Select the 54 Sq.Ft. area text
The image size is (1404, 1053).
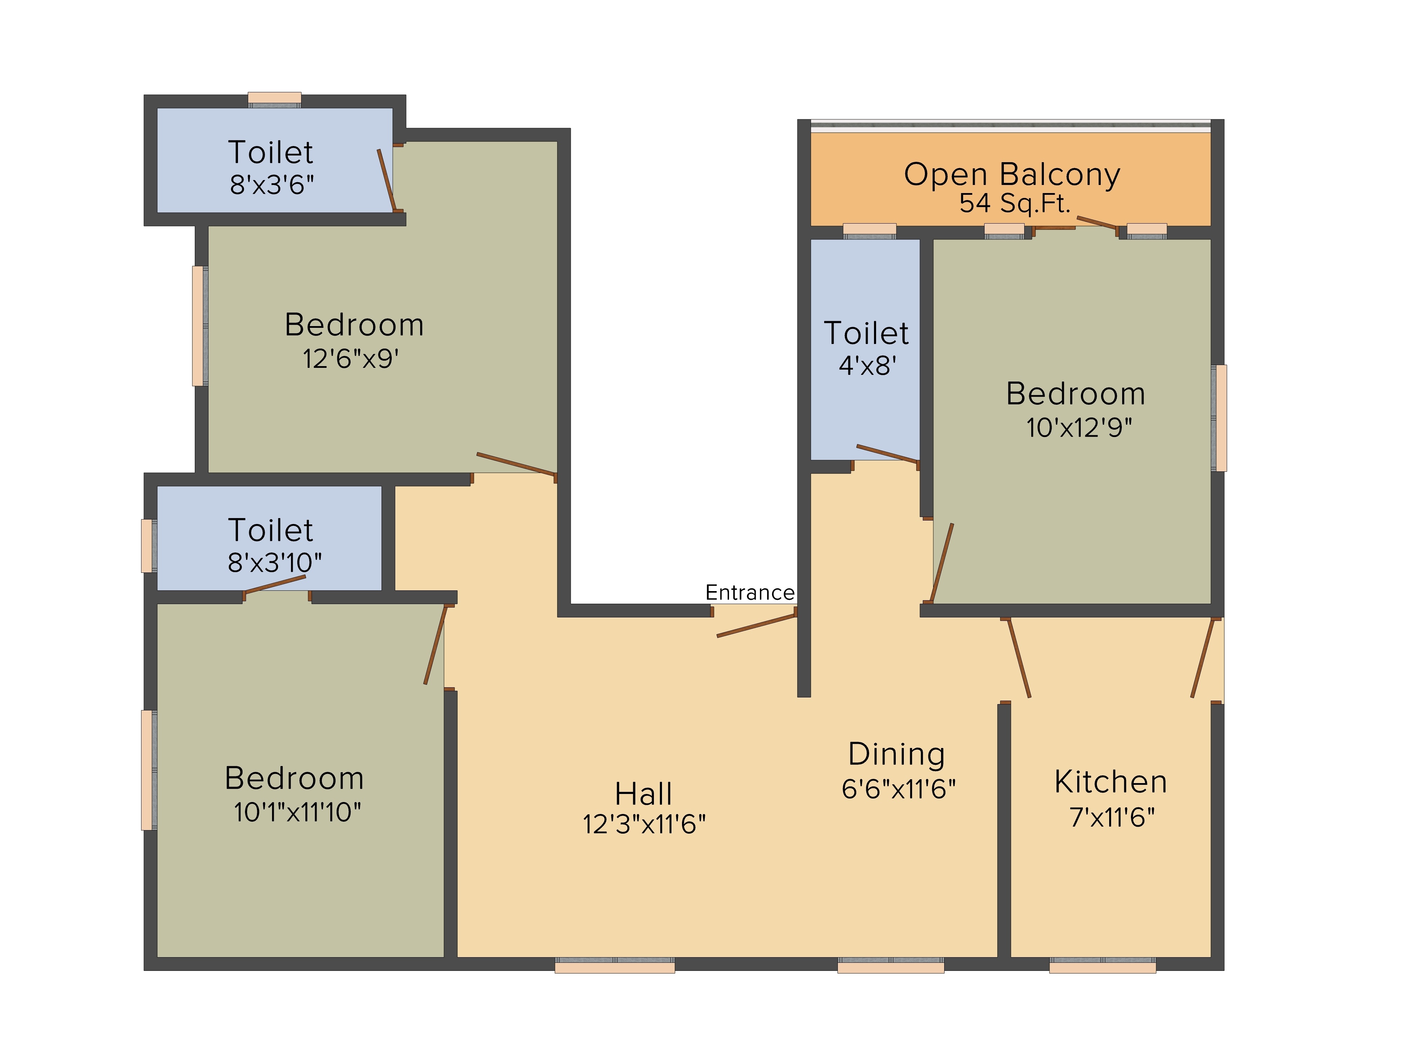coord(1014,203)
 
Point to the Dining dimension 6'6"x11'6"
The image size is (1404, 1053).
coord(898,789)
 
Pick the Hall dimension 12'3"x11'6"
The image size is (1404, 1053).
coord(644,824)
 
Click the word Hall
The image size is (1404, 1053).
coord(644,793)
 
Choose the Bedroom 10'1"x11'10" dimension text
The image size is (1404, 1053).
coord(297,812)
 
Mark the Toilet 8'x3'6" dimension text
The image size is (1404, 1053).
coord(272,185)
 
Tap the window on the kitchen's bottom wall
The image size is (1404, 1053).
coord(1102,965)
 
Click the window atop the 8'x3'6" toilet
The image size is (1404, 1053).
coord(274,100)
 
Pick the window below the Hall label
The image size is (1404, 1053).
coord(614,965)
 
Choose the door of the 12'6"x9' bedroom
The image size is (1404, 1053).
coord(517,464)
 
